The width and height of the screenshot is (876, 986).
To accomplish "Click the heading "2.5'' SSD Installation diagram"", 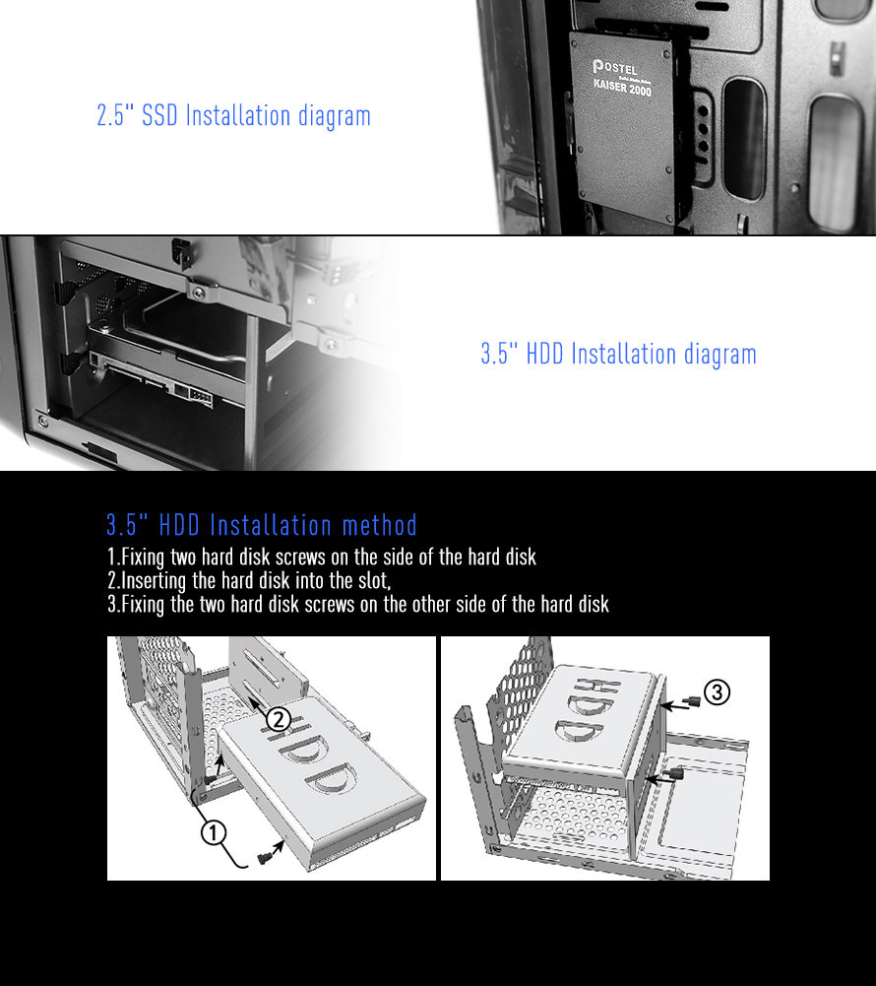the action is click(x=234, y=115).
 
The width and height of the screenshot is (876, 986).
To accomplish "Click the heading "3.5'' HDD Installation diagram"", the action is click(x=618, y=354).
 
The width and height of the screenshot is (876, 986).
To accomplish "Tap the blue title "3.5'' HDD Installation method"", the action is click(x=262, y=525).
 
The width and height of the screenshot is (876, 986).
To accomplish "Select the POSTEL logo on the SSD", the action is click(x=615, y=67).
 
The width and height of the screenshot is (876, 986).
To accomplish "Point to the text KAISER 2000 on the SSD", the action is click(x=622, y=87).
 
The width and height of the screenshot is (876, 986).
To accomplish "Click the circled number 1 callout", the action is click(x=213, y=832).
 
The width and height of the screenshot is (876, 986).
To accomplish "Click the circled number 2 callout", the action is click(x=279, y=719).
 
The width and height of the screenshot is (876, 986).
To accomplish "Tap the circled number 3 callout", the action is click(x=717, y=692).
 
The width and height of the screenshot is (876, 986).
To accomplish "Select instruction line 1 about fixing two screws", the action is click(x=322, y=558).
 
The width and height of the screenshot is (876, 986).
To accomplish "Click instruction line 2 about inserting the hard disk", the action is click(x=249, y=580).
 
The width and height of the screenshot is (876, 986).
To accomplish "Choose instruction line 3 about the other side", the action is click(x=358, y=604).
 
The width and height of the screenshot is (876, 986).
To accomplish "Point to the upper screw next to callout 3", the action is click(x=694, y=701).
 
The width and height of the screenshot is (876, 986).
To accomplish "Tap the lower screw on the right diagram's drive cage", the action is click(x=676, y=773).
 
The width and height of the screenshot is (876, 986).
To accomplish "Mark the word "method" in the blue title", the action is click(x=380, y=525).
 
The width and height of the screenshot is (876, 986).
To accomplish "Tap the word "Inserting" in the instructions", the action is click(x=154, y=580).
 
